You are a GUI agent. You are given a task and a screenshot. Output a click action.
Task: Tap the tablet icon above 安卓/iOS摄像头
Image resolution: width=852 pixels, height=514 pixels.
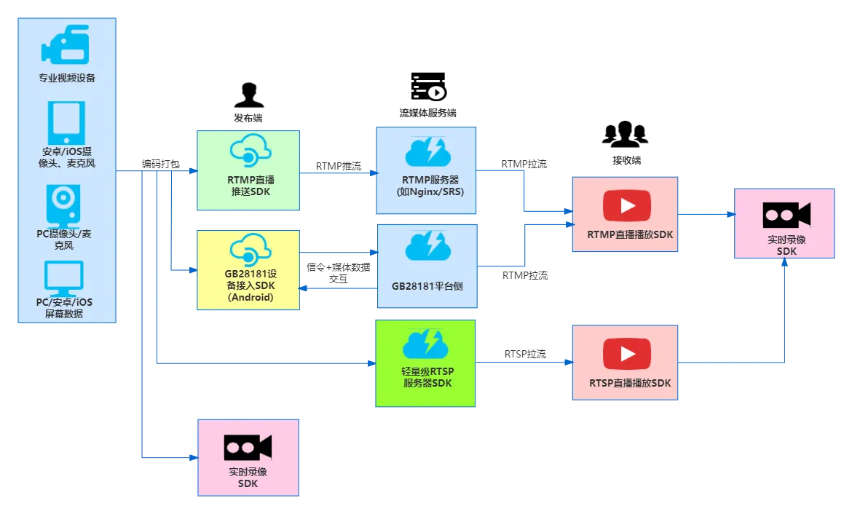pyautogui.click(x=66, y=123)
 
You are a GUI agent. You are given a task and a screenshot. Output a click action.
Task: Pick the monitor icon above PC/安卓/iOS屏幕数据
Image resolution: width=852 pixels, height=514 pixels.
pyautogui.click(x=63, y=278)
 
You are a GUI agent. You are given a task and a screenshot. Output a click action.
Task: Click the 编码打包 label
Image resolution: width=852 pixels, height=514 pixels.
pyautogui.click(x=160, y=164)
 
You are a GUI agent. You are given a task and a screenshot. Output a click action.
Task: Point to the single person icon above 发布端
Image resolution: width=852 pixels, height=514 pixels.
pyautogui.click(x=249, y=95)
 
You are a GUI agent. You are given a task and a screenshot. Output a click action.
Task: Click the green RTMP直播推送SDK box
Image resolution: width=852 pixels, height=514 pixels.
pyautogui.click(x=248, y=170)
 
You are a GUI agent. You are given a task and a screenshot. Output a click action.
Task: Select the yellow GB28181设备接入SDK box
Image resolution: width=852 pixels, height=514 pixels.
pyautogui.click(x=248, y=270)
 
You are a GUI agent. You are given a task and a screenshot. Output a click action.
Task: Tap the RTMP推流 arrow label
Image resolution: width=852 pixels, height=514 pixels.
pyautogui.click(x=339, y=166)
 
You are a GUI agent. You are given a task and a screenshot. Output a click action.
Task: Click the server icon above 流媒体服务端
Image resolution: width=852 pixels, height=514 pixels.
pyautogui.click(x=428, y=87)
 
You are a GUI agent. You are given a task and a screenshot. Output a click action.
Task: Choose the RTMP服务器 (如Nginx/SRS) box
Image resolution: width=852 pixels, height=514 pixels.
pyautogui.click(x=426, y=170)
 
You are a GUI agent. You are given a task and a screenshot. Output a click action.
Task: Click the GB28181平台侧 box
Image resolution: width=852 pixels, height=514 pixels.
pyautogui.click(x=427, y=266)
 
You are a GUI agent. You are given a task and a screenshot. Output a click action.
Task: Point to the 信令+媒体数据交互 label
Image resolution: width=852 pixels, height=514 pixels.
pyautogui.click(x=338, y=273)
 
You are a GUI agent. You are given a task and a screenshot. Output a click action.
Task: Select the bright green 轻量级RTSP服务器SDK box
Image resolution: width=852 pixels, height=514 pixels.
pyautogui.click(x=425, y=363)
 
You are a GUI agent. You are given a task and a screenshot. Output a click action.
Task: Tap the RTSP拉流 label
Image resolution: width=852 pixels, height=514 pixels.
pyautogui.click(x=525, y=355)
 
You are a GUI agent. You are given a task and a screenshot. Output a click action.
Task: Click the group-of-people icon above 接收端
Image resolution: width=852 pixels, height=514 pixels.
pyautogui.click(x=626, y=134)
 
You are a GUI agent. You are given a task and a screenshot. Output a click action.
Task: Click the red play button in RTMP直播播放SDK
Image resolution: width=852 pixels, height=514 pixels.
pyautogui.click(x=627, y=206)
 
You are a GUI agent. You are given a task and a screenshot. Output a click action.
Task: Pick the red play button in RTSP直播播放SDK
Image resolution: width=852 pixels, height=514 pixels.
pyautogui.click(x=627, y=355)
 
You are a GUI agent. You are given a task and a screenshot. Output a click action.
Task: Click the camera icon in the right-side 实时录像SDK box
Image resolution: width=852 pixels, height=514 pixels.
pyautogui.click(x=786, y=216)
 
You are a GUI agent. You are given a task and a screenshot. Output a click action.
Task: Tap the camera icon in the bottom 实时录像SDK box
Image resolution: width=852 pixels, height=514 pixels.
pyautogui.click(x=248, y=448)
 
